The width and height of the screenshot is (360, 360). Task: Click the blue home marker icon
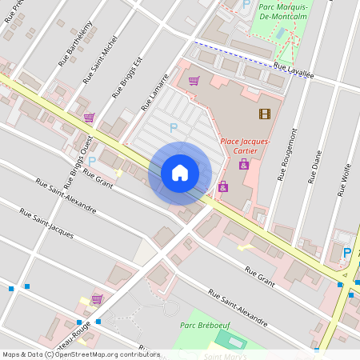(x=180, y=173)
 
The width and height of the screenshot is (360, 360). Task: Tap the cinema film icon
(x=265, y=114)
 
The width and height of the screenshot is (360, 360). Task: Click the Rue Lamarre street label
(x=157, y=94)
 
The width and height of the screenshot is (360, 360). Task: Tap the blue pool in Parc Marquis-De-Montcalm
(x=279, y=33)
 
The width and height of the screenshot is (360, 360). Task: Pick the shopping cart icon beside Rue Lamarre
(x=194, y=80)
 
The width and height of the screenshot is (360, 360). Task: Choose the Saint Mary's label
(x=225, y=356)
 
